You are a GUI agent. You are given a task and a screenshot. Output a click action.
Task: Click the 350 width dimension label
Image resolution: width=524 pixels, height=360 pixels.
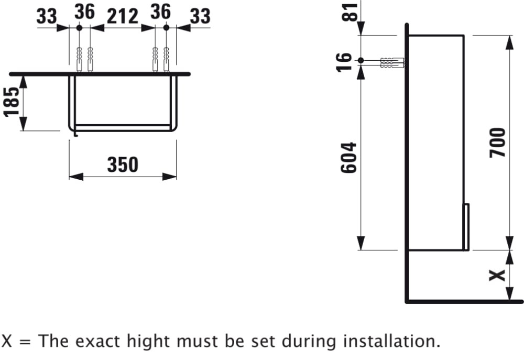123,165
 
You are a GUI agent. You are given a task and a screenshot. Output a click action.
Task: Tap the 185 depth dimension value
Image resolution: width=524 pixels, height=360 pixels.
12,102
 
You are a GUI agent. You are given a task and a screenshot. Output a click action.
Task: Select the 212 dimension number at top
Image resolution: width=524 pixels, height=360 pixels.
122,16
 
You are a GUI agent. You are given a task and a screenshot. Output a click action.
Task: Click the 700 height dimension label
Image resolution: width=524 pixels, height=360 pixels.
498,143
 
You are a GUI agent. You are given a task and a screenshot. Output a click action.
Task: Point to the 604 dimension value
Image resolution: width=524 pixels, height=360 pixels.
348,158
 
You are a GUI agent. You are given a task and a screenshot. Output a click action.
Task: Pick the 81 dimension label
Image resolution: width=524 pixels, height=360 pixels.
350,12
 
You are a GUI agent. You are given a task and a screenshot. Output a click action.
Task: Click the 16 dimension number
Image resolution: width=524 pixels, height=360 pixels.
344,62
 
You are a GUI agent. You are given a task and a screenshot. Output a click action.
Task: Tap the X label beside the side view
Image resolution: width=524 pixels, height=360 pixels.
497,276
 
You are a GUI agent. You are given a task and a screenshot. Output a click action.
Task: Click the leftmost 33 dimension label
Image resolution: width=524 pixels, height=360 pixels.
47,16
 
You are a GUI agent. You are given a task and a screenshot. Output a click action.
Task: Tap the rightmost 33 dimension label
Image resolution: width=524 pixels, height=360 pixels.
200,16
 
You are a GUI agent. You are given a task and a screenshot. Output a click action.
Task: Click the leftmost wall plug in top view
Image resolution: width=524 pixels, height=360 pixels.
79,59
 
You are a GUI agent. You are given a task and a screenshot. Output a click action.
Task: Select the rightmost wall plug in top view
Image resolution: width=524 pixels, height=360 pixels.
166,59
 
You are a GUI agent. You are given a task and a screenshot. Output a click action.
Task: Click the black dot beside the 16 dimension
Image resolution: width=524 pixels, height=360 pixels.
361,60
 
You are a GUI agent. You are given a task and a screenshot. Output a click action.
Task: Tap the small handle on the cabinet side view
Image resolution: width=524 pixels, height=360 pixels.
466,226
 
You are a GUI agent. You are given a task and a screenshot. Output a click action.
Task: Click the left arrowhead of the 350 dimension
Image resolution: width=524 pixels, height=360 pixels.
76,177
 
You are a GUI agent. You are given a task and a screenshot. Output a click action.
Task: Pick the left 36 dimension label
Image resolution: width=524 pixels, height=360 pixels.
84,12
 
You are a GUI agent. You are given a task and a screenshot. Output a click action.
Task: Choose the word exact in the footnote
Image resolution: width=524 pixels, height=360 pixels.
97,341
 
